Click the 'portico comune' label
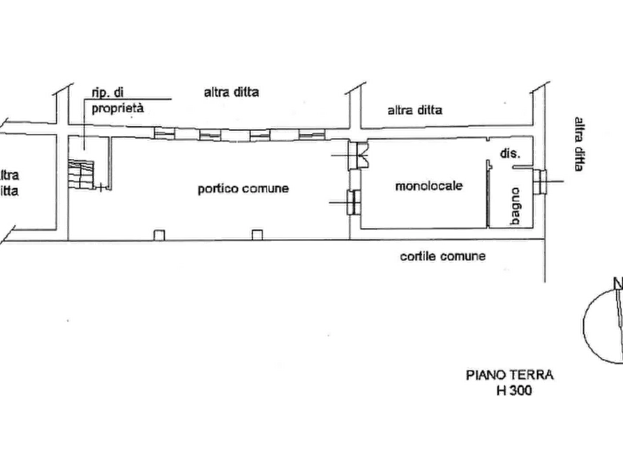tap(243, 189)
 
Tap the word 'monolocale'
tap(429, 186)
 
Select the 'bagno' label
tap(516, 206)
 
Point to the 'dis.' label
tap(509, 153)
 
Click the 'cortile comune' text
tap(442, 256)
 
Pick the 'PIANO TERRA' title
tap(510, 375)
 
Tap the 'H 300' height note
tap(514, 391)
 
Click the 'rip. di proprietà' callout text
tap(117, 100)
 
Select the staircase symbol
tap(81, 174)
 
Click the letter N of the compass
tap(618, 283)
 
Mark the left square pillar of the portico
tap(159, 235)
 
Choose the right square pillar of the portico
tap(257, 235)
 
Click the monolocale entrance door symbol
tap(359, 155)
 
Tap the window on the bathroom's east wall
tap(540, 181)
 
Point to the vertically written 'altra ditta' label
tap(579, 144)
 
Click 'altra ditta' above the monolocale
tap(415, 110)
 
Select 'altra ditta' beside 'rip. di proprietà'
tap(231, 92)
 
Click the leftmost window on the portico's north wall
tap(165, 133)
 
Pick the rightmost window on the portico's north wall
tap(312, 135)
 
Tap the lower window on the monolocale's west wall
tap(354, 203)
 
